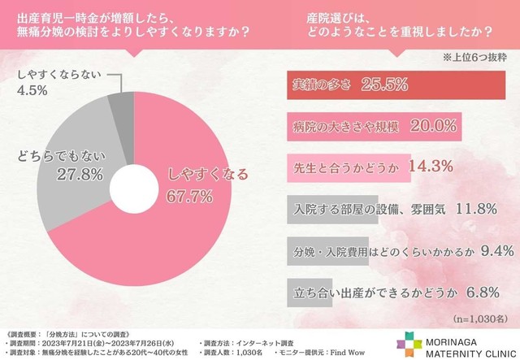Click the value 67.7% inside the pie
(x=189, y=195)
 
